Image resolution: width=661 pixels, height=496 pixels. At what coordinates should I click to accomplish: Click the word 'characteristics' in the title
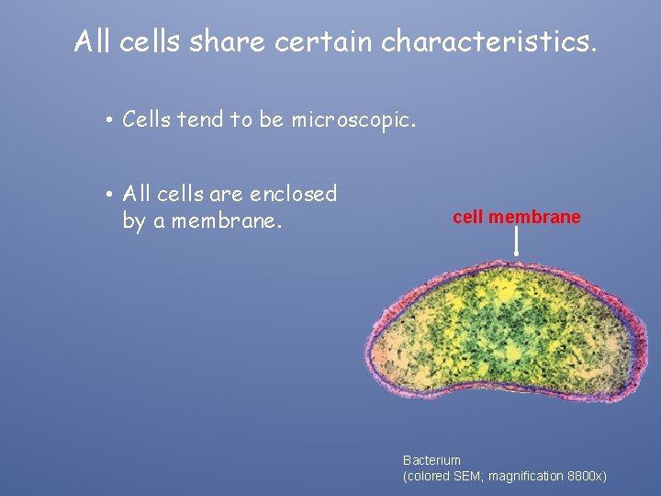tap(488, 41)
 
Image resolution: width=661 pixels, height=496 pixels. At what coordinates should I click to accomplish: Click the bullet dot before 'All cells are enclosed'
tap(108, 195)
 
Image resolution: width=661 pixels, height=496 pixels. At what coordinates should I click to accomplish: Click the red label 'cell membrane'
tap(516, 218)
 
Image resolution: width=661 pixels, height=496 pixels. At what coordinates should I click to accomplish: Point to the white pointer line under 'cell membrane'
tap(517, 241)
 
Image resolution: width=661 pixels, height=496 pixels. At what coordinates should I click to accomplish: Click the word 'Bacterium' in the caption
tap(431, 459)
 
